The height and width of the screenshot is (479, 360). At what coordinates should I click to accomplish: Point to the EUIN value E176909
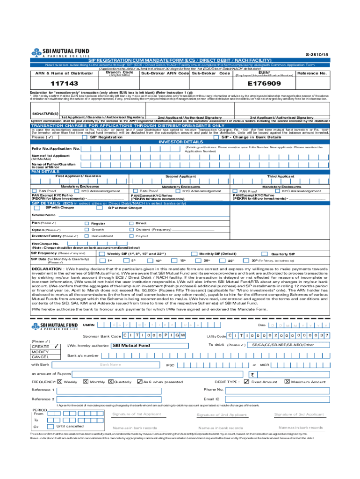[x=264, y=83]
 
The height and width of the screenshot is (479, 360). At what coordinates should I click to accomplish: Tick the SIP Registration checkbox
[x=84, y=137]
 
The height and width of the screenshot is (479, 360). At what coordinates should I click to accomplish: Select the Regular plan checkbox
[x=86, y=223]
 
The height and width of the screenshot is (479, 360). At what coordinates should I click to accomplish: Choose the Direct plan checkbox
[x=131, y=223]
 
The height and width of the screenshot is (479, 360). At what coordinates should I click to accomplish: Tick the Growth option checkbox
[x=86, y=230]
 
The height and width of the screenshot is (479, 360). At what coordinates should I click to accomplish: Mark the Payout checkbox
[x=131, y=236]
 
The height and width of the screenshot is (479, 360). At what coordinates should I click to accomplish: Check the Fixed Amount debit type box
[x=247, y=382]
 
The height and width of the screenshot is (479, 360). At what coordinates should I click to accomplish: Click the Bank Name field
[x=111, y=364]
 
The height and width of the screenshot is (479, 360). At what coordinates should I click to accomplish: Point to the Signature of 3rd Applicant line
[x=299, y=415]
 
